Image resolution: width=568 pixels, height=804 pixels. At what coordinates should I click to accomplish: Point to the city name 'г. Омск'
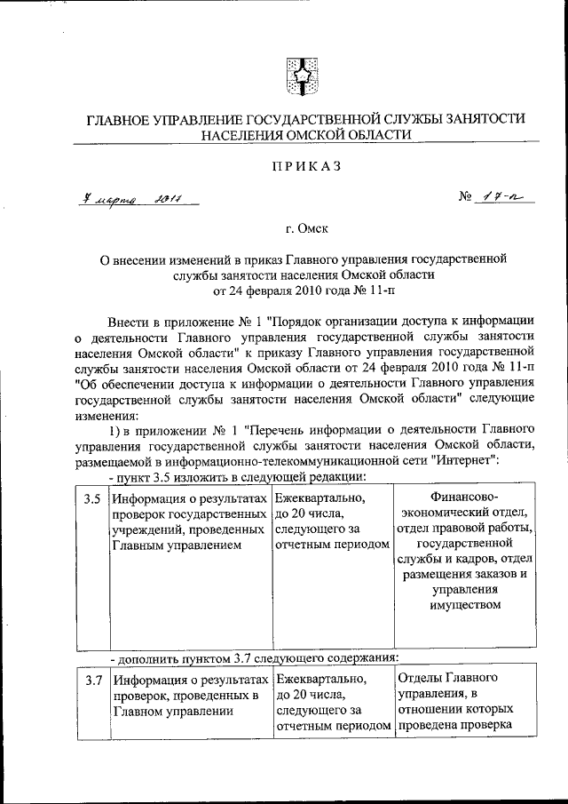coord(301,228)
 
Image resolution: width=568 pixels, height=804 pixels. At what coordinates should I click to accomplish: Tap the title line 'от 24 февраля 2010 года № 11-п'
coord(301,290)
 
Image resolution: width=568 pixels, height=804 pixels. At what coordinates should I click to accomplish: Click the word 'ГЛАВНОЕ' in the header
coord(119,118)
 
